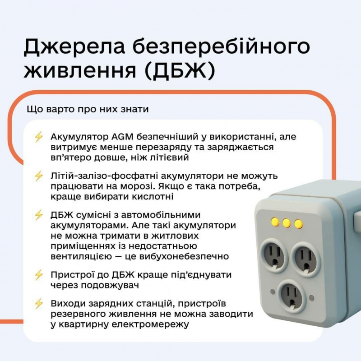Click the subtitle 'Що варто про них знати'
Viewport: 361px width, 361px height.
(x=88, y=109)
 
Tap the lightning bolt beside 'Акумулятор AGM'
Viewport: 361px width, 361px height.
(x=39, y=137)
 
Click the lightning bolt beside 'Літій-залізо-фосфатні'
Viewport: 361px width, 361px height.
(x=39, y=176)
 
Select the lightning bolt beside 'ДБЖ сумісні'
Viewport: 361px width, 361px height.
(x=39, y=215)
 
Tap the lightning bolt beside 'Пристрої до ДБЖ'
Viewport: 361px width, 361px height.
(x=39, y=275)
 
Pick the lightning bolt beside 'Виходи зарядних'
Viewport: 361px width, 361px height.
(x=39, y=304)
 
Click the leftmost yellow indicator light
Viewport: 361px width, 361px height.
(x=275, y=222)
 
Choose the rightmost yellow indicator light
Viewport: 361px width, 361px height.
(x=298, y=224)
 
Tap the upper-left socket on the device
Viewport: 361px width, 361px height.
(x=274, y=255)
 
